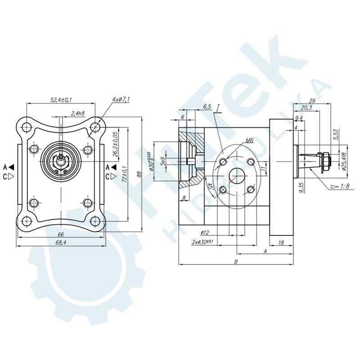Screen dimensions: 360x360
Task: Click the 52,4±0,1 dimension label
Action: pos(61,100)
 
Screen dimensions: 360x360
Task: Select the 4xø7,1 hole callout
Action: pos(121,99)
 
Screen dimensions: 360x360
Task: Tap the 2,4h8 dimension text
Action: pos(78,113)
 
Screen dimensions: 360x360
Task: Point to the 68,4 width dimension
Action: pos(61,243)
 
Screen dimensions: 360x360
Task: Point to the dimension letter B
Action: pos(236,261)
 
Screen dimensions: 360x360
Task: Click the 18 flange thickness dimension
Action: pos(281,243)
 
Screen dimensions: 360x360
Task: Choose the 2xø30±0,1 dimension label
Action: pos(202,243)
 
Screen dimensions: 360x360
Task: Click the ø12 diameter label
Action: pos(204,232)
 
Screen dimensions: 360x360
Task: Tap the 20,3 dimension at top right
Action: pos(306,108)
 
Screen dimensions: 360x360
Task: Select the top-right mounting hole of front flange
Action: pos(94,127)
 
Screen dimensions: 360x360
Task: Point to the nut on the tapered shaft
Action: pos(325,159)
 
